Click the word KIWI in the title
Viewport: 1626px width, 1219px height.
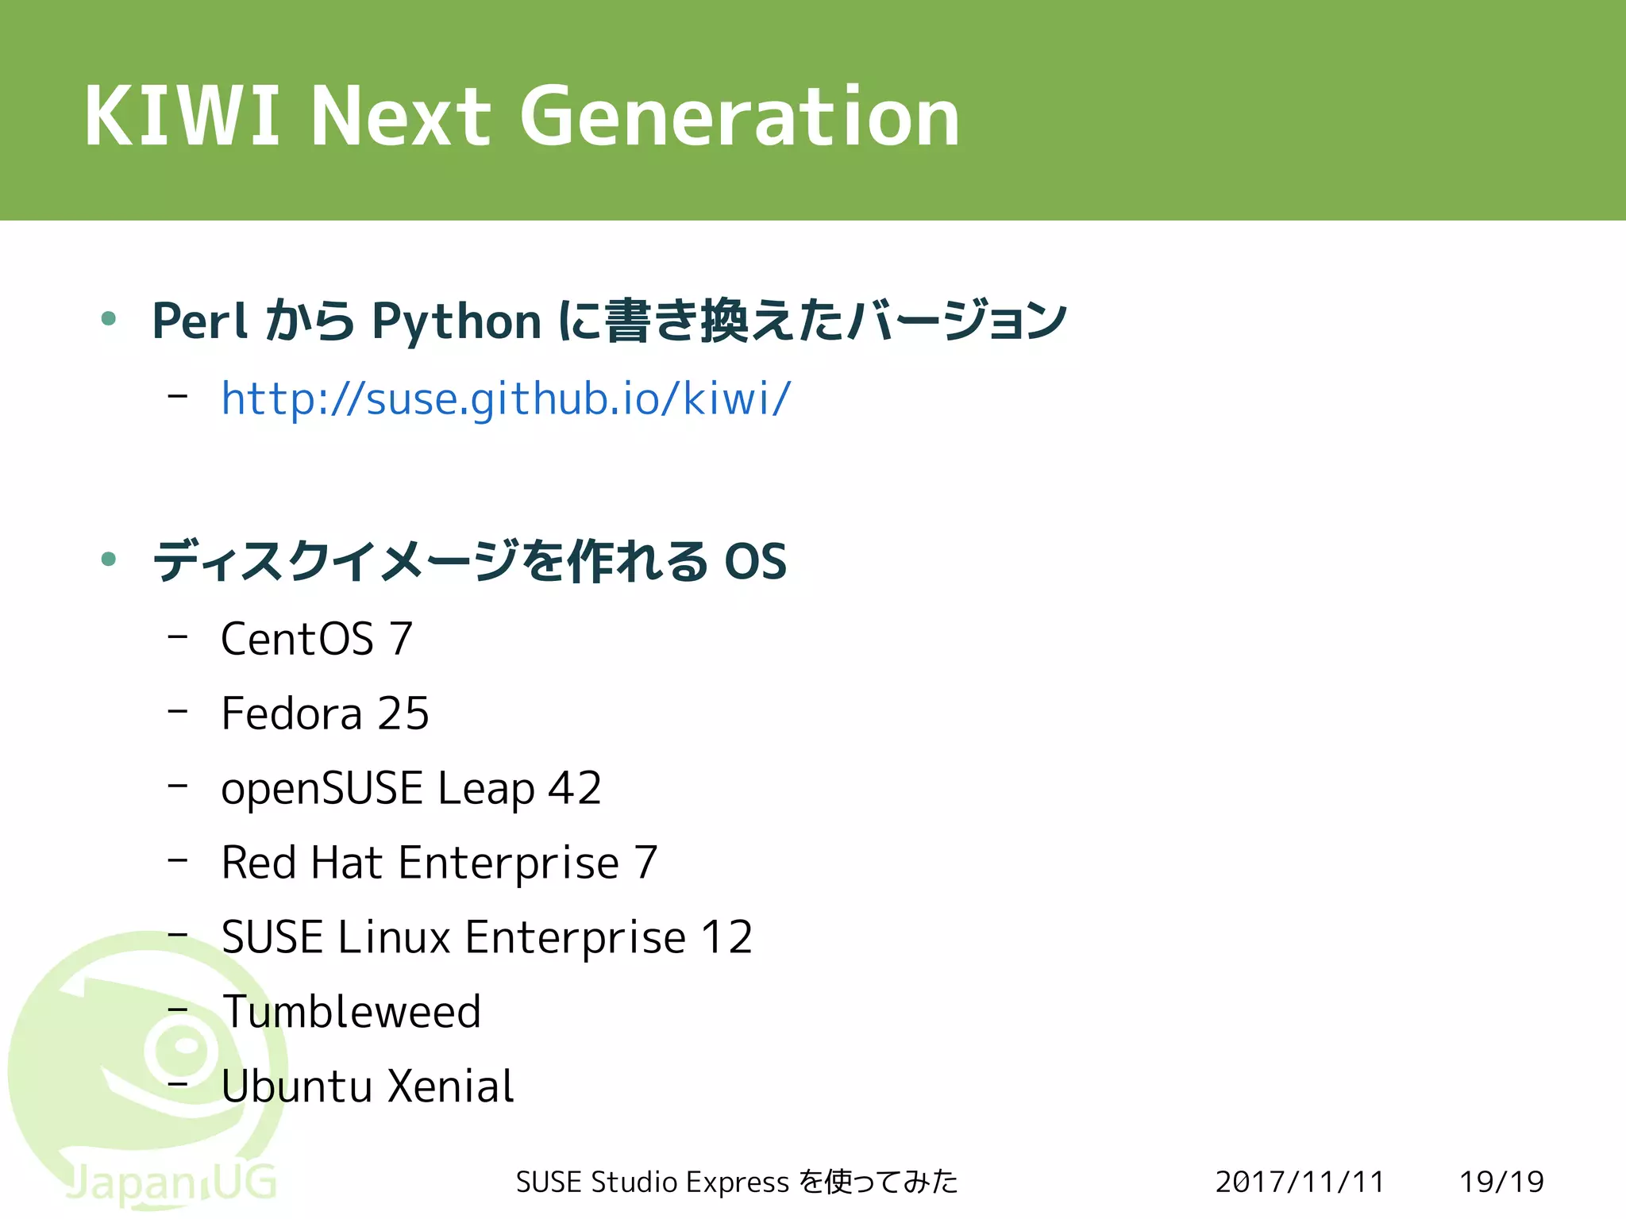(182, 117)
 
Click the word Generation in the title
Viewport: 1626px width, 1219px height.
(740, 117)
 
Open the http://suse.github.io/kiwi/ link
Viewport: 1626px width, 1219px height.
(506, 398)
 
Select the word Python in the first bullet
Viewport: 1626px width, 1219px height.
(457, 322)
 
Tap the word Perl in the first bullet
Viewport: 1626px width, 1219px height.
(200, 321)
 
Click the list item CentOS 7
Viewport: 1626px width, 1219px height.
(317, 639)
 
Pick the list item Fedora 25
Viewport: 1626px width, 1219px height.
(325, 713)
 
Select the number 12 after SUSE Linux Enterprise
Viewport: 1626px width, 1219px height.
(726, 937)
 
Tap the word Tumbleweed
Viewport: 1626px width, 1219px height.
(352, 1012)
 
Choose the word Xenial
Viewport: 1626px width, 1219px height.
(451, 1086)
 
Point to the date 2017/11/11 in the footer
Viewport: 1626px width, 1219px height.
(1300, 1182)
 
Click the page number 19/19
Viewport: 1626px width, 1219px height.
(1501, 1182)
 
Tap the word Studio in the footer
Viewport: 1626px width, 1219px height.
(635, 1182)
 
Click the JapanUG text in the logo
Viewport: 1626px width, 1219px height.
(171, 1182)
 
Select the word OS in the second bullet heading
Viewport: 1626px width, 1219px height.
(755, 562)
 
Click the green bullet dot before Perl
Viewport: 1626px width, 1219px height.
(109, 319)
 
